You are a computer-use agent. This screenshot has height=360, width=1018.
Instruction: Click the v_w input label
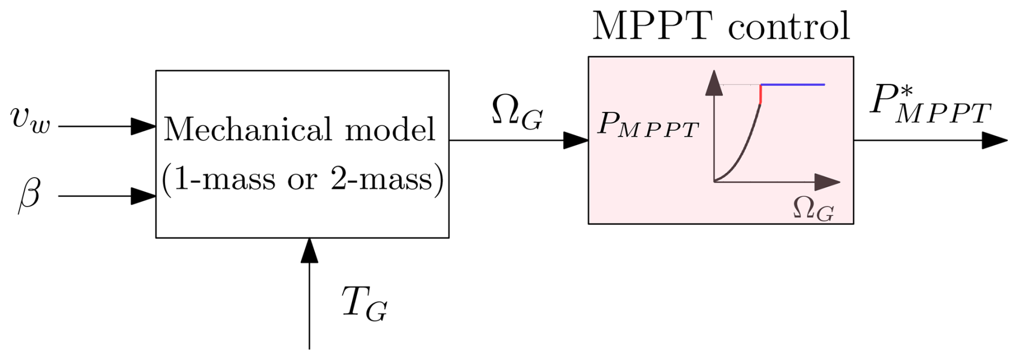point(30,119)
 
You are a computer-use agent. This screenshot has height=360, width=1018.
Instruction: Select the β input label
point(30,194)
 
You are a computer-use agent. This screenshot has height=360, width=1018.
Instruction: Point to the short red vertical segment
point(760,94)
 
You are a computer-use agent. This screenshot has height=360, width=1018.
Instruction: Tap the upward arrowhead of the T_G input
point(309,250)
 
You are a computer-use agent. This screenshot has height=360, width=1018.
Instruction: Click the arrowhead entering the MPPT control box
point(576,140)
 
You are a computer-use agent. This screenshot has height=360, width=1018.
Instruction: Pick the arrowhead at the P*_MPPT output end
point(995,140)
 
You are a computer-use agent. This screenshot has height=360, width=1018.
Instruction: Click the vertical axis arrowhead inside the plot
point(714,83)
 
